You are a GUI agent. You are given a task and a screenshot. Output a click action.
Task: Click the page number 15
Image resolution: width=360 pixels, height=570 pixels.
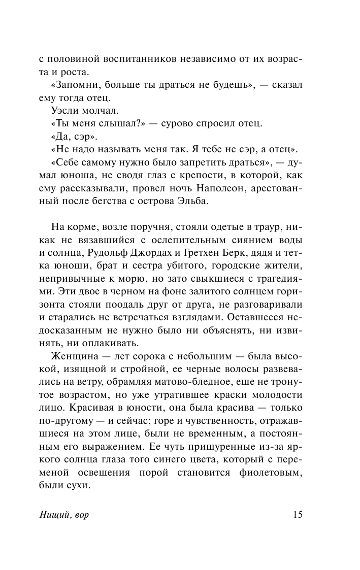[298, 515]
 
